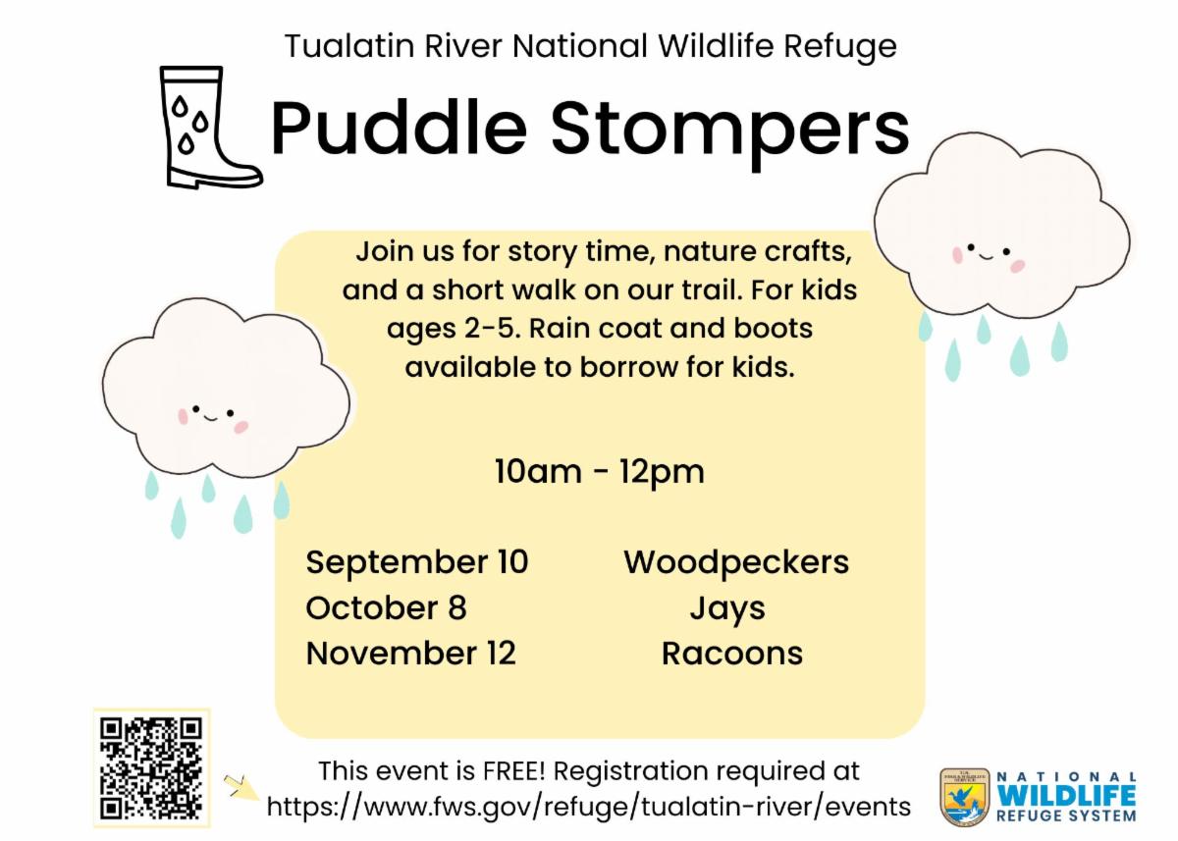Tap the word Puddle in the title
point(400,128)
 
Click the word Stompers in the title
point(730,134)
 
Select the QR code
point(151,768)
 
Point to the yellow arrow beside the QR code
point(241,788)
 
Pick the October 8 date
point(386,608)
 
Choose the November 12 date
point(410,654)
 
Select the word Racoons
point(732,654)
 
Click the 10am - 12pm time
point(600,473)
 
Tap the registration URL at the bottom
point(588,807)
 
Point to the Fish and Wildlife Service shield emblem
point(964,797)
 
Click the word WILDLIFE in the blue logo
point(1066,796)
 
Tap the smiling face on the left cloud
point(212,416)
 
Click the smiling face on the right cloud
point(989,255)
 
